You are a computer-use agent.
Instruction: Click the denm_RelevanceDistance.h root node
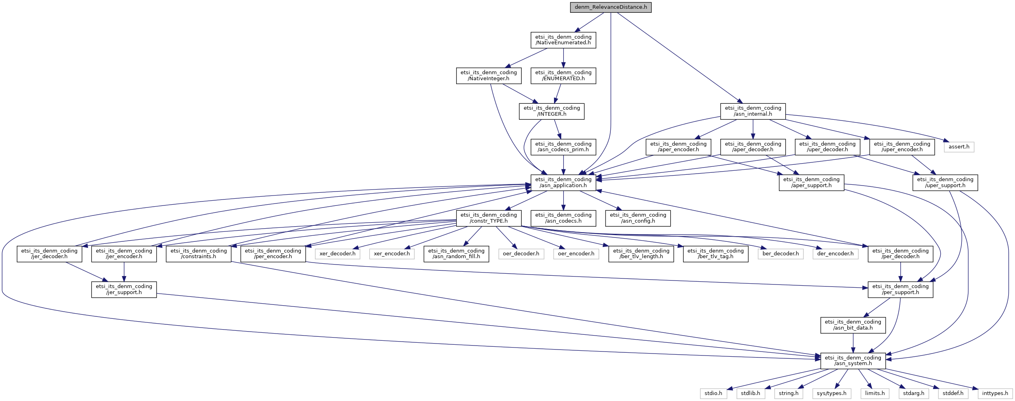[611, 7]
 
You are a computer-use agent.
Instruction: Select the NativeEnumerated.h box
[563, 40]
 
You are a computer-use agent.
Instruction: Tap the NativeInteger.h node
[489, 75]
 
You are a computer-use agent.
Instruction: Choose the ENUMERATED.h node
[563, 75]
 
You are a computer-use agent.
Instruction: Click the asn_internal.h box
[753, 111]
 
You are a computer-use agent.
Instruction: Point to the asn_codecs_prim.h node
[563, 147]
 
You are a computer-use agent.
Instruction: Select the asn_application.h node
[563, 182]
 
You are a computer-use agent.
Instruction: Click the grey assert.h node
[959, 147]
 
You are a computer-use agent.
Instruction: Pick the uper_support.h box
[945, 182]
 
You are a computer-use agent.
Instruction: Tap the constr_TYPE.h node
[489, 218]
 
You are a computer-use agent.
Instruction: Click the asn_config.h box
[638, 218]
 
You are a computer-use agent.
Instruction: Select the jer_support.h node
[124, 289]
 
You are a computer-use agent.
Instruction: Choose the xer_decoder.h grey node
[338, 253]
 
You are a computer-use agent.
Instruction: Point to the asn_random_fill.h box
[456, 253]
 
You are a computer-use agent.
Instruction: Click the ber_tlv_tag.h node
[715, 253]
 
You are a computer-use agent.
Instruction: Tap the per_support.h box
[900, 289]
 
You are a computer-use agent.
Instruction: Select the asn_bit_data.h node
[853, 325]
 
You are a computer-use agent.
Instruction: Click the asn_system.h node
[853, 360]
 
